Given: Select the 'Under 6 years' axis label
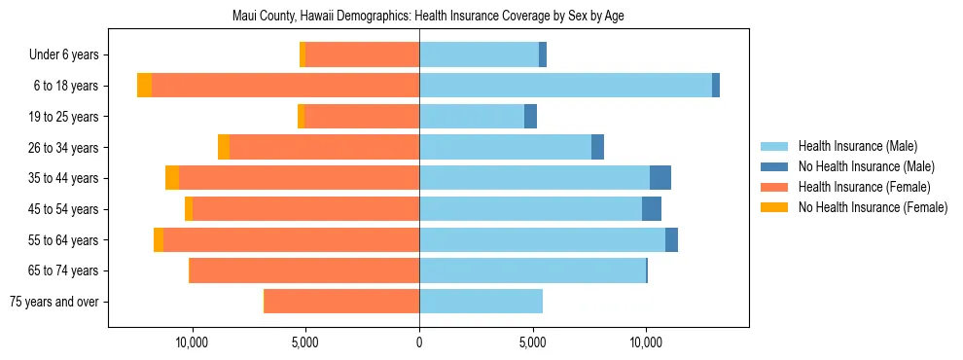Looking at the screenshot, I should (x=63, y=55).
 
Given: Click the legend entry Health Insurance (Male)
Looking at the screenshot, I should (x=857, y=146).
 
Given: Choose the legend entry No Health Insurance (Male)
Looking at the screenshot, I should (x=866, y=166).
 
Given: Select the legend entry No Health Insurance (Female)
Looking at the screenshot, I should (x=872, y=207).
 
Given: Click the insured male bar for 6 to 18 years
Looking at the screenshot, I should (x=565, y=86).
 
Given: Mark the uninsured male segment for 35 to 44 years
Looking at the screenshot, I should (x=660, y=178).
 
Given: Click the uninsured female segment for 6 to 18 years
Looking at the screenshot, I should (x=144, y=86).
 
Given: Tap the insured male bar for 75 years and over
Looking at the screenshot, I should (x=481, y=302).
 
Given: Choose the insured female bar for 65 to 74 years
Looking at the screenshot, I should (x=303, y=270).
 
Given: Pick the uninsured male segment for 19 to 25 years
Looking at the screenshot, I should (x=530, y=117).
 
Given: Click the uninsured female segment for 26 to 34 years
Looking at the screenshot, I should (x=224, y=147).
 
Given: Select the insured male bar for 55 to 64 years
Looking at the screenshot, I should (x=542, y=239).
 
